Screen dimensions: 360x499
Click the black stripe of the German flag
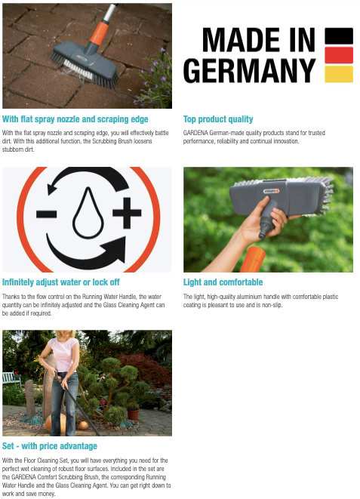(x=339, y=36)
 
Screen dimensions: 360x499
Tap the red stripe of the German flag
(x=339, y=55)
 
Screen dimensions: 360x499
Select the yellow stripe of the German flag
(x=339, y=74)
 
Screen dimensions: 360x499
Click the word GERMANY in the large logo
(x=250, y=71)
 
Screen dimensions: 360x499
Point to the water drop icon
(x=88, y=213)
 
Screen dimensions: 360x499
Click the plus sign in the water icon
(x=127, y=213)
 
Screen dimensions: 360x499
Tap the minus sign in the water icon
(x=47, y=214)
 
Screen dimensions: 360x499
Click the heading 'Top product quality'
(x=218, y=119)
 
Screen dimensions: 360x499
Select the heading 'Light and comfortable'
(x=223, y=282)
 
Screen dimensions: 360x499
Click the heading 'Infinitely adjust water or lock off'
(x=60, y=282)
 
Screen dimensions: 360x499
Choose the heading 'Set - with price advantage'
(x=50, y=446)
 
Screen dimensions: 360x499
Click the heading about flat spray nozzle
(x=75, y=119)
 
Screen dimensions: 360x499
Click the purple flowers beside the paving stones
(x=155, y=78)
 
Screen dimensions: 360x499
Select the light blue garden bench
(x=11, y=379)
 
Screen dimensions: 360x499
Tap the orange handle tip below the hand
(x=253, y=259)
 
